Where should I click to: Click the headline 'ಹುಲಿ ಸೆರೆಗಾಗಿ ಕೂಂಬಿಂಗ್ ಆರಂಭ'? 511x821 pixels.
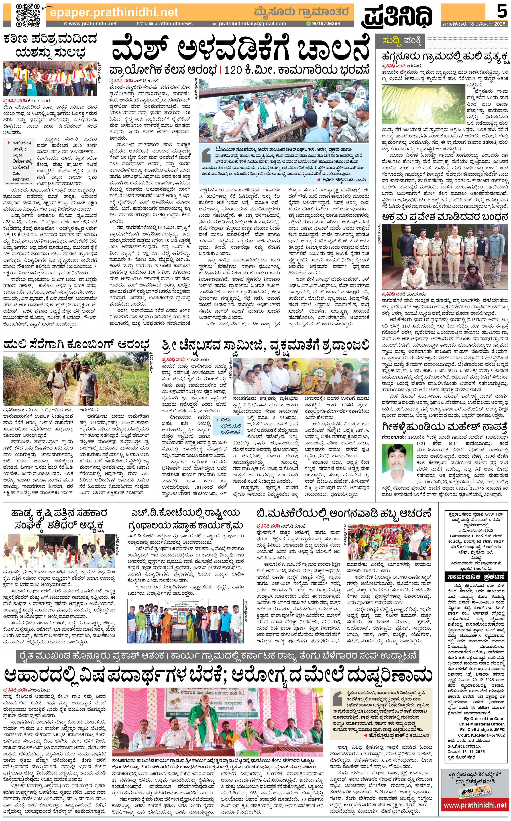tap(76, 345)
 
